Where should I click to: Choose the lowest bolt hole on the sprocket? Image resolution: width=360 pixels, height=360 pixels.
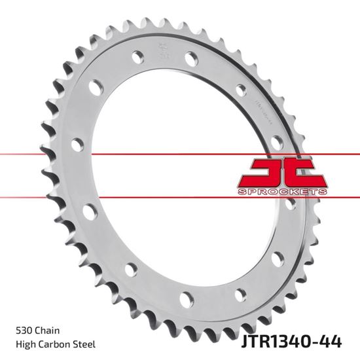click(187, 300)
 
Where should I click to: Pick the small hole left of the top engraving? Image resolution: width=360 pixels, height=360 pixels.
click(137, 56)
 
